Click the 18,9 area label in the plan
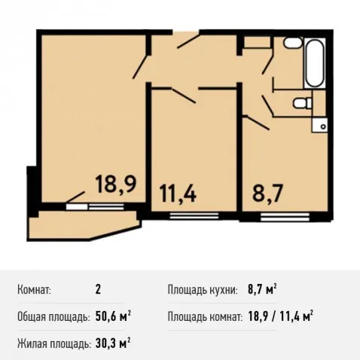tap(116, 185)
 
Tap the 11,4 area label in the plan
tap(178, 193)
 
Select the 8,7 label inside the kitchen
tap(268, 193)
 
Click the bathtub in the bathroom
tap(315, 63)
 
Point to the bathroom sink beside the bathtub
tap(293, 42)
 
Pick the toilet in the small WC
tap(303, 103)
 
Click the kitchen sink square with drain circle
tap(319, 125)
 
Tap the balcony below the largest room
tap(84, 226)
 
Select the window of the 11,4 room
tap(194, 215)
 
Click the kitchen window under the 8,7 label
tap(285, 216)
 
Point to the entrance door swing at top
tap(188, 41)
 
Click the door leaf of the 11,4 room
tap(183, 96)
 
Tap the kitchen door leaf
tap(258, 123)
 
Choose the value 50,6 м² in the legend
tap(113, 317)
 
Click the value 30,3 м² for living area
tap(113, 343)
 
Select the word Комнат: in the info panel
tap(34, 290)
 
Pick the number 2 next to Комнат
tap(98, 290)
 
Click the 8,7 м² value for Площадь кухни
tap(262, 289)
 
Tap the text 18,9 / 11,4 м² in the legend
tap(280, 316)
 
